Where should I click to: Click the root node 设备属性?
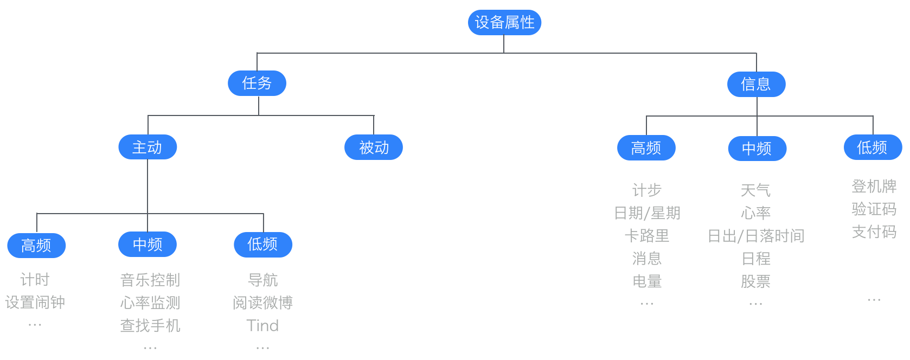[504, 22]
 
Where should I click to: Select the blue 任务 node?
[257, 83]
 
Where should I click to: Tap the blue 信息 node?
[756, 84]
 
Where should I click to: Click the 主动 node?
[148, 147]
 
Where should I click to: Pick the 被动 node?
[373, 147]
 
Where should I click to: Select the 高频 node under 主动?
[36, 246]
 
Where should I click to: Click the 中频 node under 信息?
[757, 149]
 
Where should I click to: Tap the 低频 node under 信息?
[873, 147]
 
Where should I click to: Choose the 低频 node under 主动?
[263, 245]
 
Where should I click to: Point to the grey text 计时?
[35, 280]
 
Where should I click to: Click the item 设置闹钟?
[35, 303]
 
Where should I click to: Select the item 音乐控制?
[150, 280]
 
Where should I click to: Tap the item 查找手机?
[150, 325]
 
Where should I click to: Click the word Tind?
[262, 325]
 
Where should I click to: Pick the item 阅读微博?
[262, 303]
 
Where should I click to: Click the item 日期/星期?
[647, 213]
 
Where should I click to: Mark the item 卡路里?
[647, 236]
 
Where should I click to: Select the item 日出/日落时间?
[756, 236]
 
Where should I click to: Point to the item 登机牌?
[874, 186]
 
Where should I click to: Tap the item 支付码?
[874, 232]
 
